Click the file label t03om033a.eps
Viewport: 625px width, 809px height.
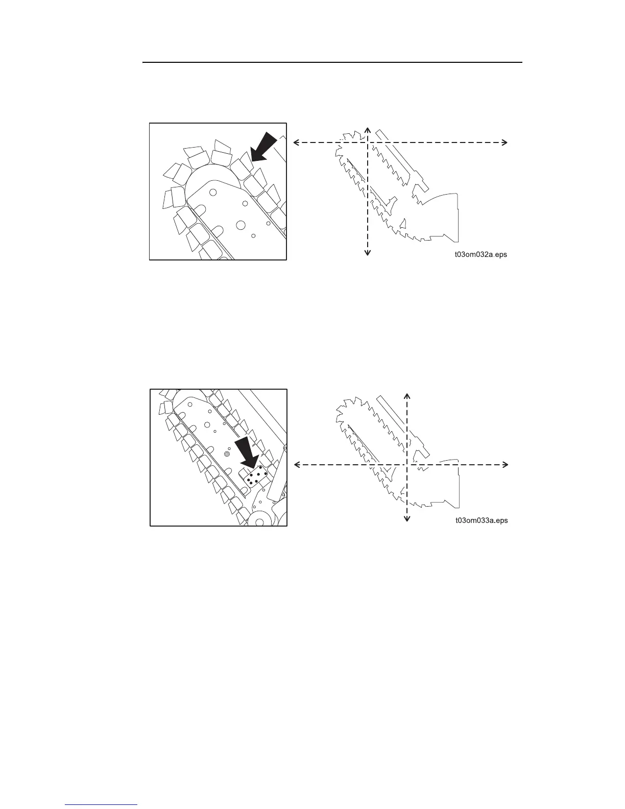point(481,521)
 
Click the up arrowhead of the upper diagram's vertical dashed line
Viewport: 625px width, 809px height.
point(368,131)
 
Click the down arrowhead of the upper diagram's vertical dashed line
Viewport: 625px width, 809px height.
point(368,251)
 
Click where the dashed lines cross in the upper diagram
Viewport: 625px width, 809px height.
point(368,143)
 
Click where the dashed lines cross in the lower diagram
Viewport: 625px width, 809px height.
point(407,464)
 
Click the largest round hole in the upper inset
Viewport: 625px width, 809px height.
point(241,225)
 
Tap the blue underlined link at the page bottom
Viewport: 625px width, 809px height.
point(102,805)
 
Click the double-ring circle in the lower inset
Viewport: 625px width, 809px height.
point(227,454)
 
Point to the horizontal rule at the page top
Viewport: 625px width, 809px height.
point(332,63)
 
